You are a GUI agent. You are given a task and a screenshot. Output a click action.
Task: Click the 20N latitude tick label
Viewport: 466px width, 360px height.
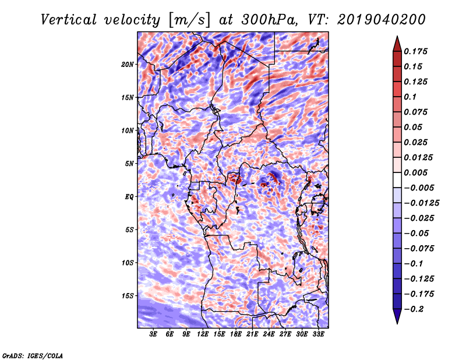128,64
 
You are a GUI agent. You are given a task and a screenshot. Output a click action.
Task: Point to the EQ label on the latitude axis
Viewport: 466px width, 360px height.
129,197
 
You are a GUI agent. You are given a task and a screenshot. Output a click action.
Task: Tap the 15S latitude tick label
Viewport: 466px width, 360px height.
128,296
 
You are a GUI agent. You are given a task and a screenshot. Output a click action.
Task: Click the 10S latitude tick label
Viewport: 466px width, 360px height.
128,263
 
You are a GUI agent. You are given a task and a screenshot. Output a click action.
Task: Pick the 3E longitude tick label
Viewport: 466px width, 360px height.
154,334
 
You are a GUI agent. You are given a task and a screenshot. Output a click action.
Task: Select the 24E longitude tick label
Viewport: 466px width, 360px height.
269,334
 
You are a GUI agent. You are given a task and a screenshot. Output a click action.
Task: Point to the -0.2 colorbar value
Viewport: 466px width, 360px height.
418,309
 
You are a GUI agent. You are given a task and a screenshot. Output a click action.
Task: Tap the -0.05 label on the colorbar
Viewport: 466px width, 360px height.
418,233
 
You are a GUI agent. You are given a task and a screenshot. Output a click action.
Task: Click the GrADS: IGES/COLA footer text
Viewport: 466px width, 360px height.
32,355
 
